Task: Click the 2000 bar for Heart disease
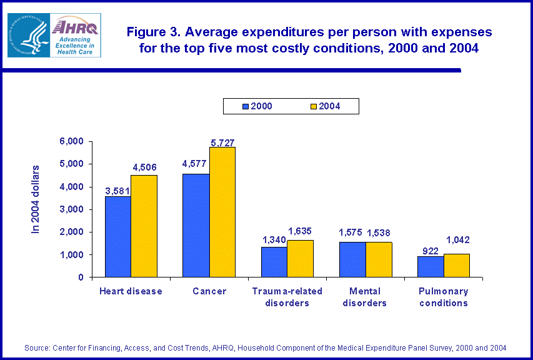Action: click(x=118, y=236)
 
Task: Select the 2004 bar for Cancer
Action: click(x=222, y=212)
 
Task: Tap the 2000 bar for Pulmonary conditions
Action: click(x=431, y=266)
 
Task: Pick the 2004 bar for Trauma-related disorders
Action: click(x=301, y=258)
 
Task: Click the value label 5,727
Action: click(x=222, y=142)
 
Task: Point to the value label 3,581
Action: click(x=117, y=191)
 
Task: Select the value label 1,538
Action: click(x=379, y=233)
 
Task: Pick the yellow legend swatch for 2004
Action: click(x=314, y=106)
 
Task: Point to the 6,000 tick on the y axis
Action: click(x=71, y=141)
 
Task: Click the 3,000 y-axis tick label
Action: click(x=71, y=209)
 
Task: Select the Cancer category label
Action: click(x=209, y=291)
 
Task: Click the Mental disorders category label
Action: click(x=366, y=297)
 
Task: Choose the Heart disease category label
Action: click(x=131, y=291)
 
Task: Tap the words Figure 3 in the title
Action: click(x=152, y=32)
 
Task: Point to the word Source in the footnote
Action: click(x=37, y=347)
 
